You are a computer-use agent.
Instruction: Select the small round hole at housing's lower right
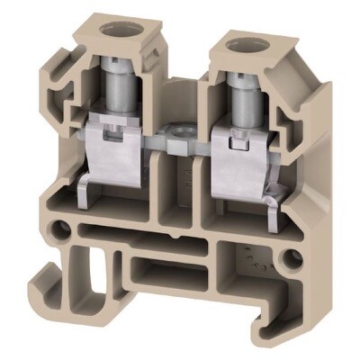pos(290,261)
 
